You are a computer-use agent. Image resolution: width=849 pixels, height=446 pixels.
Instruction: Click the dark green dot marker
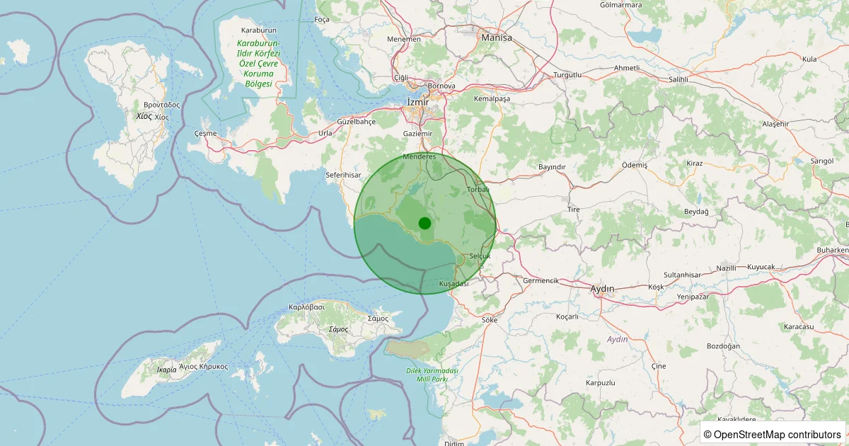[x=424, y=223]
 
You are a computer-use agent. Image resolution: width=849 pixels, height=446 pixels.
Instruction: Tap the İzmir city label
[x=419, y=102]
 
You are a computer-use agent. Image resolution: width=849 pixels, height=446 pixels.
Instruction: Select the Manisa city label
[x=496, y=38]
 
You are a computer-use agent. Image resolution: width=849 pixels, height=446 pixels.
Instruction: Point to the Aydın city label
[x=602, y=288]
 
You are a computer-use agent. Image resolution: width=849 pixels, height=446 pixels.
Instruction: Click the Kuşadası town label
[x=454, y=284]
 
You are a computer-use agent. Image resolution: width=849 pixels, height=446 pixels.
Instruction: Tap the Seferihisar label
[x=343, y=175]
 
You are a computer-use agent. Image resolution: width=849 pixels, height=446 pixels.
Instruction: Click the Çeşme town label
[x=204, y=133]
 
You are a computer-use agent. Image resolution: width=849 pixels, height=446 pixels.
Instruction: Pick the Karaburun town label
[x=258, y=30]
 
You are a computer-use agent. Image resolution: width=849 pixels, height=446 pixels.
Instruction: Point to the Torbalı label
[x=479, y=190]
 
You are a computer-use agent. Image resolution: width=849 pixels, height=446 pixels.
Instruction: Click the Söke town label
[x=490, y=320]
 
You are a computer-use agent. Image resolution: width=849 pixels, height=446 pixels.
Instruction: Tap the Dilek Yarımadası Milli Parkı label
[x=433, y=375]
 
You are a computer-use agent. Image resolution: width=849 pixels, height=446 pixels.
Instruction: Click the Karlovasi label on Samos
[x=306, y=307]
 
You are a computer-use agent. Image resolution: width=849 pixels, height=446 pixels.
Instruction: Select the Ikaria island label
[x=156, y=370]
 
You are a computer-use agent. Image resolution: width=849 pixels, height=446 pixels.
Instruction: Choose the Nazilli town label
[x=727, y=268]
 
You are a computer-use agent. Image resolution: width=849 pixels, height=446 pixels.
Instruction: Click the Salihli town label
[x=673, y=79]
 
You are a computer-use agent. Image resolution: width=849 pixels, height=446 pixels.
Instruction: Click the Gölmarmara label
[x=620, y=5]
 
